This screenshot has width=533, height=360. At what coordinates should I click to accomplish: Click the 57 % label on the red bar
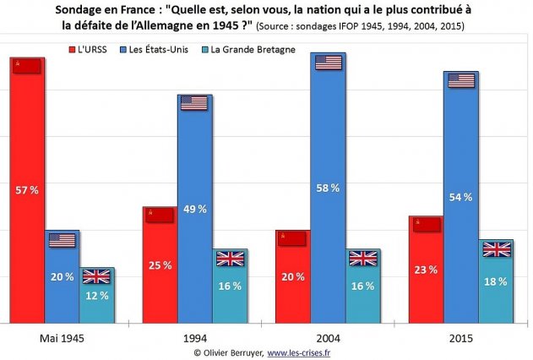click(x=27, y=190)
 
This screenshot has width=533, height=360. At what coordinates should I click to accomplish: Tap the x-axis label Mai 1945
click(x=62, y=337)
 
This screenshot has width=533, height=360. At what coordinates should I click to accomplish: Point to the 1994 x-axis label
click(x=194, y=337)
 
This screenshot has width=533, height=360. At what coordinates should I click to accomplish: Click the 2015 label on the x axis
click(x=460, y=337)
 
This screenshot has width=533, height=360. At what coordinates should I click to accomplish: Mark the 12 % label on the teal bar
click(x=97, y=295)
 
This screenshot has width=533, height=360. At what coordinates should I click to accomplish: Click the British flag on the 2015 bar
click(x=496, y=248)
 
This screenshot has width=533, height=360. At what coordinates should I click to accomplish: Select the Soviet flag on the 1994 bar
click(x=158, y=215)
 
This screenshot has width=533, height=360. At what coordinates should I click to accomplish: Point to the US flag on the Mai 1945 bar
click(x=62, y=239)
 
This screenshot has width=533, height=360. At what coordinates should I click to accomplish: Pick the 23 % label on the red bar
click(x=426, y=270)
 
